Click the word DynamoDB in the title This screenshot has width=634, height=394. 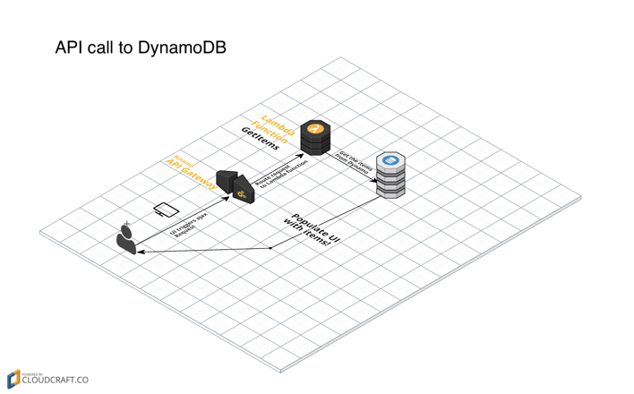point(182,48)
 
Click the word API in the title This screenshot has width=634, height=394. point(72,48)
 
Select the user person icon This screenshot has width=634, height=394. point(128,238)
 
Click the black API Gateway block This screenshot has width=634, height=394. point(236,184)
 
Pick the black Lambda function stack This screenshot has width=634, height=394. point(316,138)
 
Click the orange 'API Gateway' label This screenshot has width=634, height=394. point(193,173)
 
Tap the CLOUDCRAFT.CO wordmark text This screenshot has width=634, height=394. point(56,381)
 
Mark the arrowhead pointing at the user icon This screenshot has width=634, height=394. point(140,253)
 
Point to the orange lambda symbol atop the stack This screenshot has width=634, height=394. point(315,129)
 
